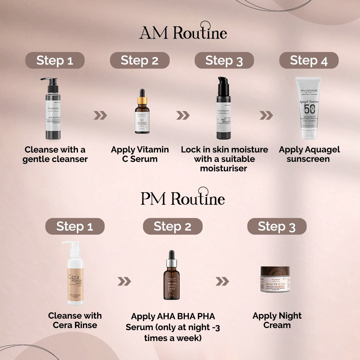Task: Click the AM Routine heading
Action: click(x=183, y=32)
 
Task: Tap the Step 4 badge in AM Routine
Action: click(x=309, y=60)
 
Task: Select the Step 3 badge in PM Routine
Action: click(x=277, y=226)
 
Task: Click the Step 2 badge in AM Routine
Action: click(x=140, y=60)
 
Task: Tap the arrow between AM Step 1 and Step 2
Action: click(x=100, y=115)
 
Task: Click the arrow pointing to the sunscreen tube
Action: click(x=266, y=115)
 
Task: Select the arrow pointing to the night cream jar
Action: click(x=222, y=281)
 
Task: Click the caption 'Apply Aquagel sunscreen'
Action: click(x=309, y=154)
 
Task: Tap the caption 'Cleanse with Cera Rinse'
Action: click(x=75, y=320)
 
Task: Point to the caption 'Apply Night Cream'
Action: click(x=277, y=320)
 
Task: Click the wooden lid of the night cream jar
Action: click(x=275, y=271)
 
